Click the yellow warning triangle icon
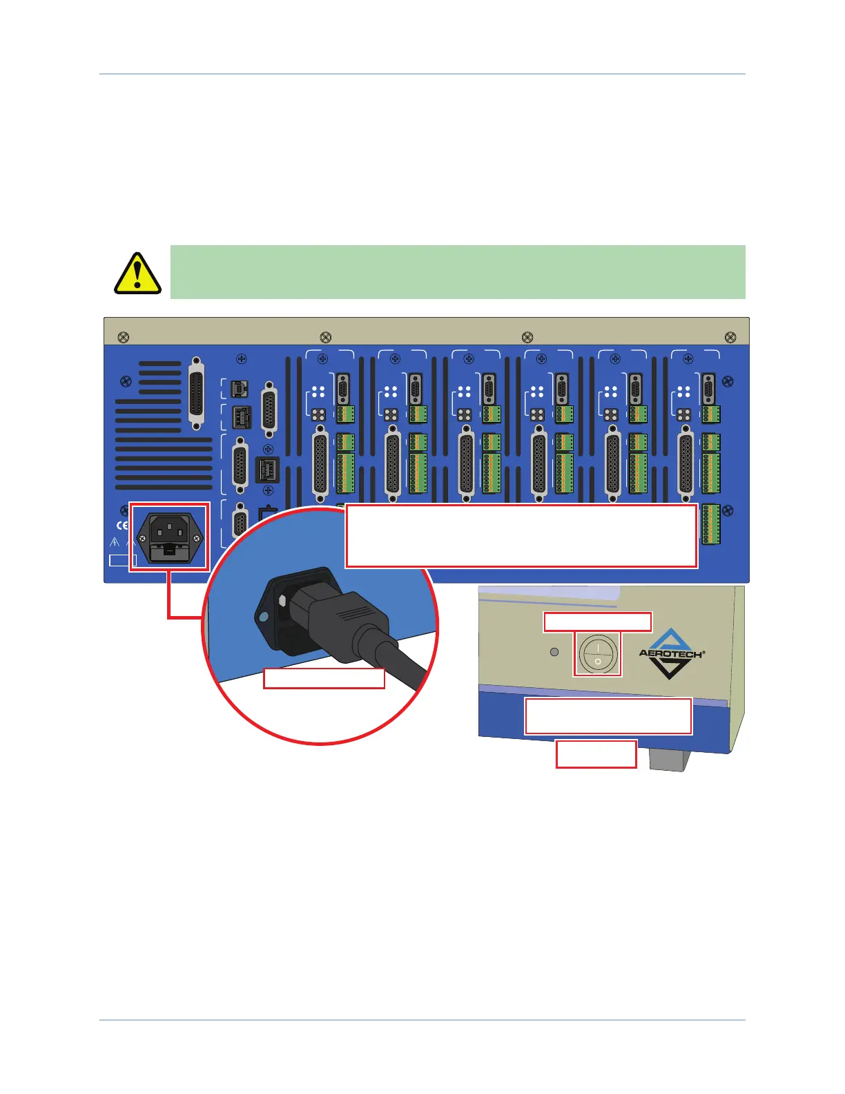137,273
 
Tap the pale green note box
457,271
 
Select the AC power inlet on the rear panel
169,536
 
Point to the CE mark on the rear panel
122,526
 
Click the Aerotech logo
670,653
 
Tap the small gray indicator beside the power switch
554,651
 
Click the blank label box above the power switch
597,622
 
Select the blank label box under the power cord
324,678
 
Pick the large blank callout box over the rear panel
521,536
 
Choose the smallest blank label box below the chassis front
596,754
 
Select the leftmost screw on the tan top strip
124,337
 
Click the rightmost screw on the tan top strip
730,337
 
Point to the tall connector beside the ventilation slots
197,393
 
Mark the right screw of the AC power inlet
197,548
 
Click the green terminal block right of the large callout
710,524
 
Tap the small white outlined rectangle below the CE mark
123,560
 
